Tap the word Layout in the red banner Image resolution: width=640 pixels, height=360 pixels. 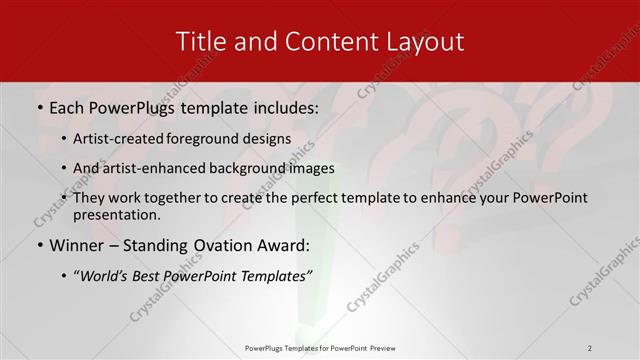pyautogui.click(x=424, y=41)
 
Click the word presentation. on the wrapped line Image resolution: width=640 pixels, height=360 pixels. pyautogui.click(x=116, y=214)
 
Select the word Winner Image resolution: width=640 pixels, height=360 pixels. pyautogui.click(x=77, y=244)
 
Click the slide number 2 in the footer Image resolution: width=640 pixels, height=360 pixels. pyautogui.click(x=590, y=348)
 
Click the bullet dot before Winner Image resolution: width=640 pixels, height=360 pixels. pyautogui.click(x=40, y=245)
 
